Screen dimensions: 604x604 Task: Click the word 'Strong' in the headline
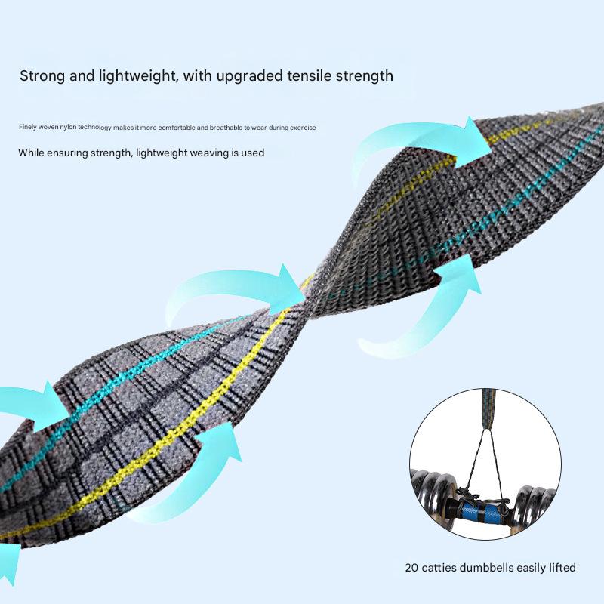click(44, 75)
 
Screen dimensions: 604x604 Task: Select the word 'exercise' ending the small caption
click(302, 127)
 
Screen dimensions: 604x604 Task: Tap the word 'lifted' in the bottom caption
click(561, 568)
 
